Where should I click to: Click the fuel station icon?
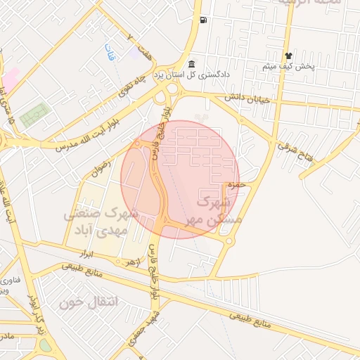tap(203, 20)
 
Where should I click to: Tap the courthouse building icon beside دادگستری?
tap(192, 65)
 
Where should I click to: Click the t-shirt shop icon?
tap(288, 56)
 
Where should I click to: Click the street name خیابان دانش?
tap(247, 98)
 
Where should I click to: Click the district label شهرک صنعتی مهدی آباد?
tap(103, 221)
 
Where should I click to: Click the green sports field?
tap(34, 115)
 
